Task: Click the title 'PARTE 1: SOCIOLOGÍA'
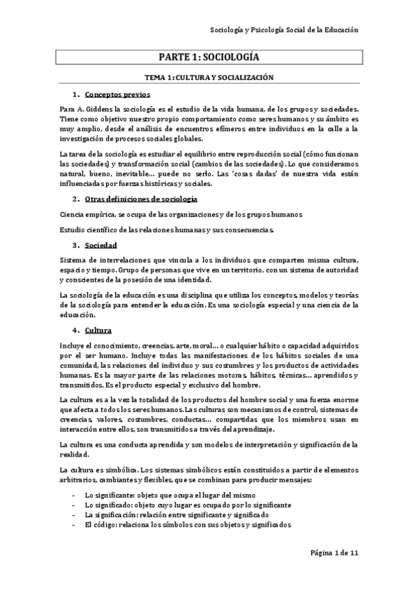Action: click(x=209, y=59)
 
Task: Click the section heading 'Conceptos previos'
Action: click(x=124, y=94)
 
